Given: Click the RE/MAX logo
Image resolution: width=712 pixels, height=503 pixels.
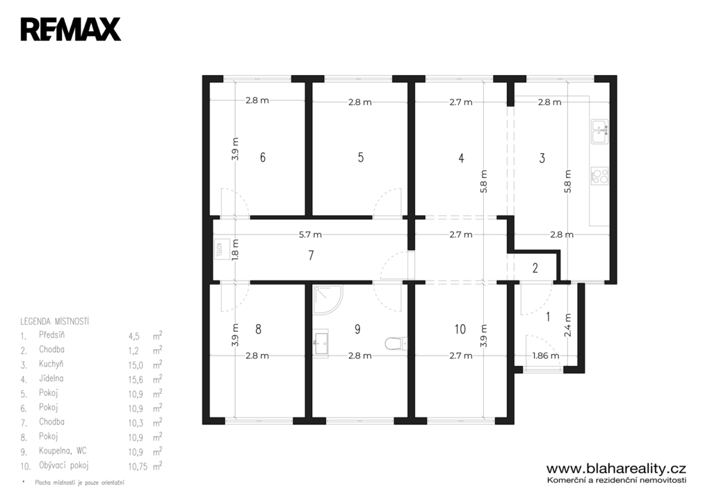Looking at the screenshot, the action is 71,29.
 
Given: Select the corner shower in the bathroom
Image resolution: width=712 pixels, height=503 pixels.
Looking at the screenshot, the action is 328,300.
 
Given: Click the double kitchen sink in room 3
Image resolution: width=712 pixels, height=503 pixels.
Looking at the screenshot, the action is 600,131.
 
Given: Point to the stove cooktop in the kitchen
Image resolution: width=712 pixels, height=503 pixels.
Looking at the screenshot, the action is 600,176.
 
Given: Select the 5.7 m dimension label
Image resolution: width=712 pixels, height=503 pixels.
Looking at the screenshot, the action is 310,234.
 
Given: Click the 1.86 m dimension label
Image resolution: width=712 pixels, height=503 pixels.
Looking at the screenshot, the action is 545,356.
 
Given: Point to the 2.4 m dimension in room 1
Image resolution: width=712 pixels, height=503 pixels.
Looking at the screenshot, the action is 567,325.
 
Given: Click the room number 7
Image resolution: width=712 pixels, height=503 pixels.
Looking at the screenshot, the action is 311,255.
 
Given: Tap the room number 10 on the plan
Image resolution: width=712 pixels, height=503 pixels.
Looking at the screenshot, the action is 460,329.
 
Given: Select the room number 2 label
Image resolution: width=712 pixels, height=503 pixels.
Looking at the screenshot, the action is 535,268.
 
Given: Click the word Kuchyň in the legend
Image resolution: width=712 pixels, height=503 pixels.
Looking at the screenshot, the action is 51,364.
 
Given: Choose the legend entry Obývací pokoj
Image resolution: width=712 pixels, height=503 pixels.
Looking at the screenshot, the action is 63,465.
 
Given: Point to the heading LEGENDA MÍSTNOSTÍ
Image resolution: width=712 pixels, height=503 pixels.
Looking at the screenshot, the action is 54,321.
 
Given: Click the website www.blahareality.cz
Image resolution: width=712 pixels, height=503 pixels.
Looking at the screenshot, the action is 616,468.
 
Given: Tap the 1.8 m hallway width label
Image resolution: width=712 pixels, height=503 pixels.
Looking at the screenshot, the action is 235,250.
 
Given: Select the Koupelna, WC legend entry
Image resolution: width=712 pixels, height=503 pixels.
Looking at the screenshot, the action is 63,452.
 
